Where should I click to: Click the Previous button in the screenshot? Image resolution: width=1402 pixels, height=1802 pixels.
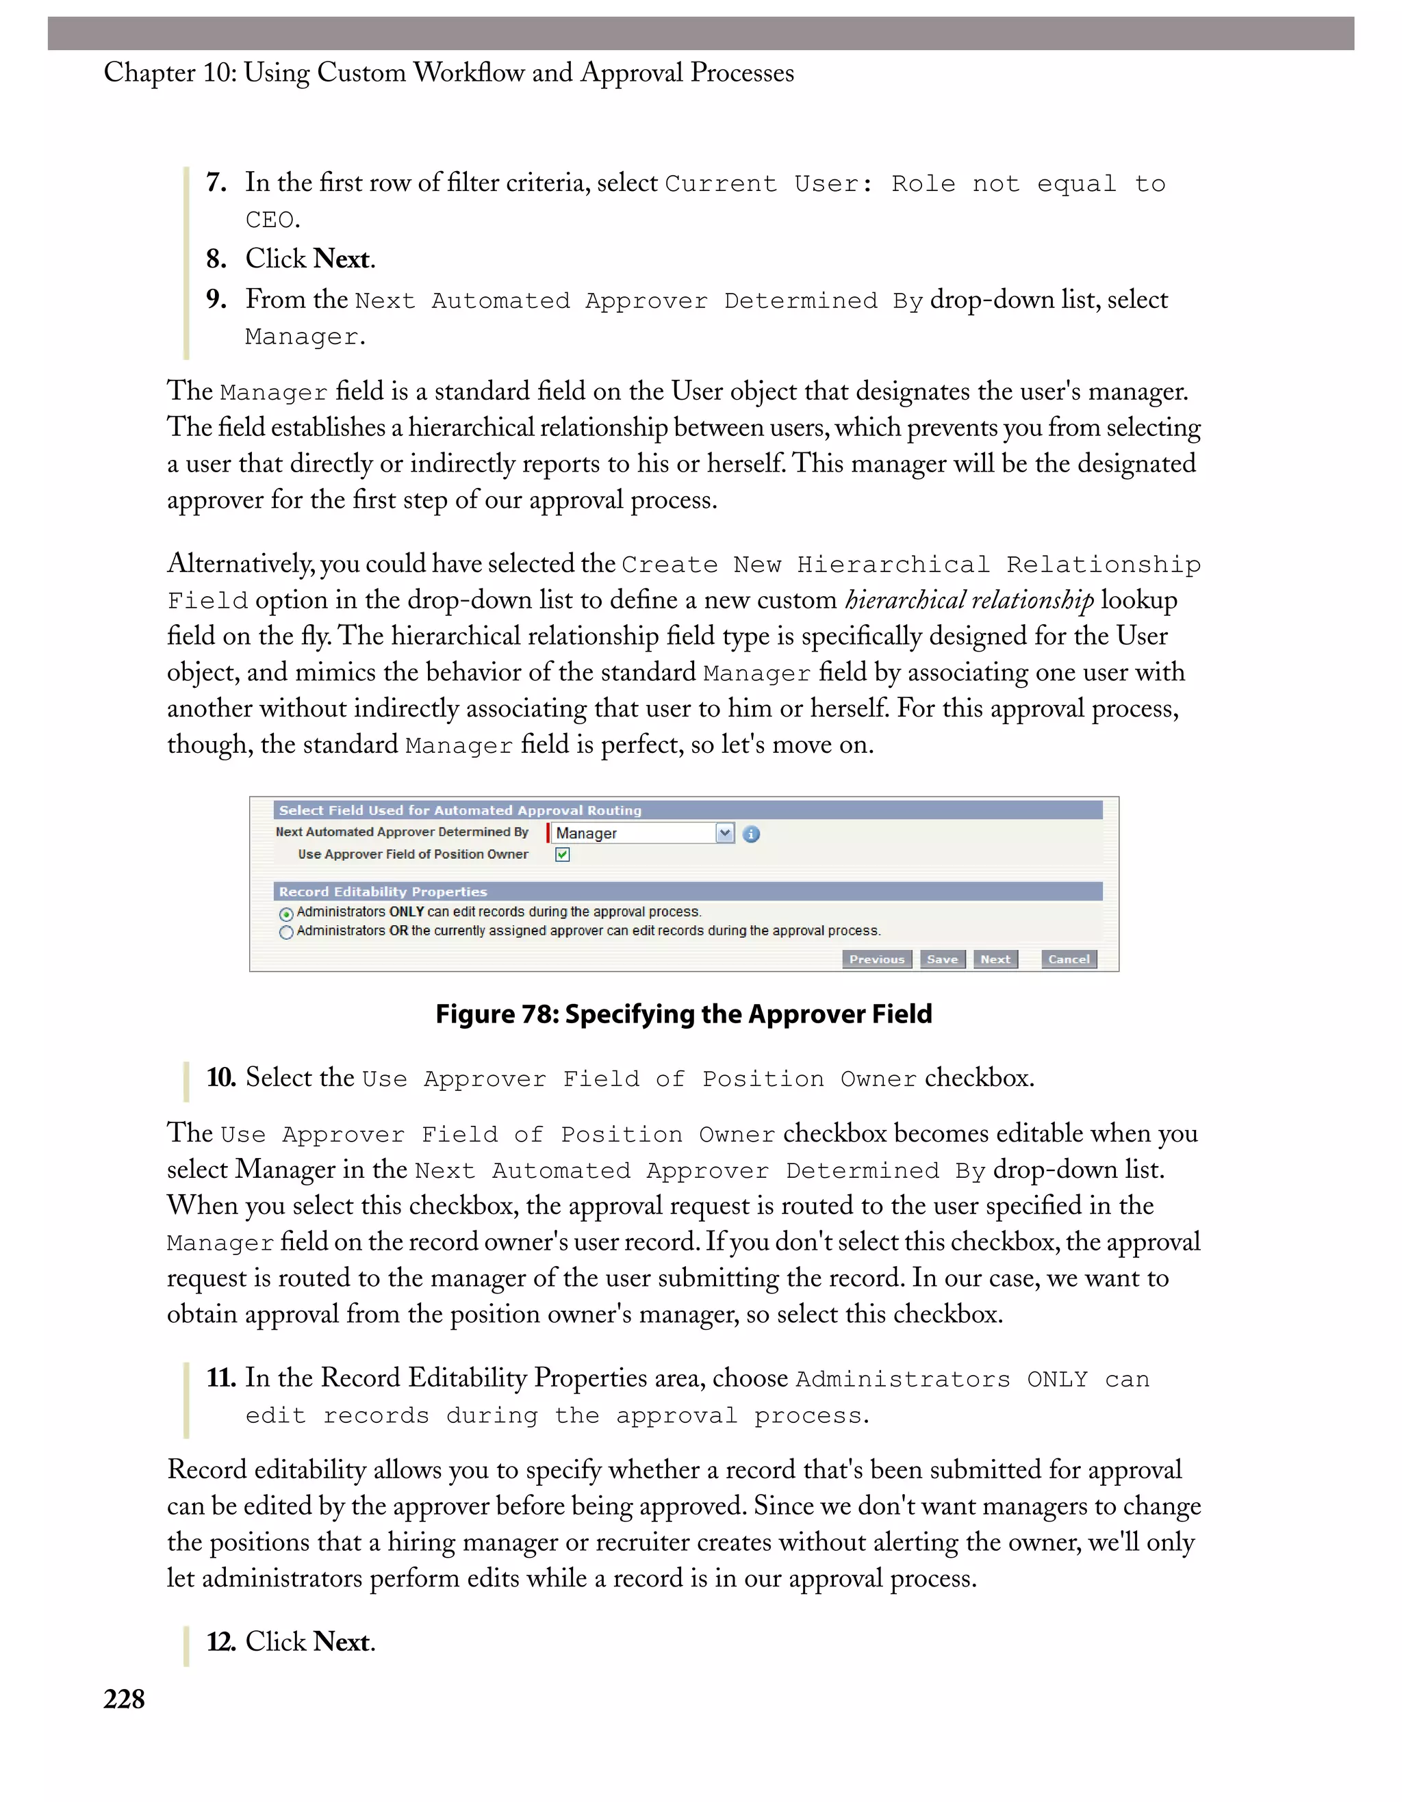[x=876, y=959]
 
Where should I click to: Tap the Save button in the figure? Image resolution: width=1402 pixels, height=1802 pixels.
[x=943, y=959]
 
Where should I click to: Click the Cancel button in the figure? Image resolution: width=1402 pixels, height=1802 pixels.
[x=1069, y=959]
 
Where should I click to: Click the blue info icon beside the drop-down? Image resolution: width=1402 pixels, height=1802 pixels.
[x=751, y=834]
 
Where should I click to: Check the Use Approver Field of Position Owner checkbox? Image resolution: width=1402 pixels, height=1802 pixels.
[x=563, y=855]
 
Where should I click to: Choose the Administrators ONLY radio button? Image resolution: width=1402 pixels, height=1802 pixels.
[x=286, y=914]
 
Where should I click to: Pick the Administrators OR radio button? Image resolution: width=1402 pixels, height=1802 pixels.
[x=286, y=932]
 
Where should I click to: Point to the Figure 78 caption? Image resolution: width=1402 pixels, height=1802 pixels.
[x=683, y=1014]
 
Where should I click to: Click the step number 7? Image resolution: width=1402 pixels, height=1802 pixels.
[x=216, y=182]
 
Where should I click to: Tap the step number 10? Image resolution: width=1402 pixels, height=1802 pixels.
[x=220, y=1077]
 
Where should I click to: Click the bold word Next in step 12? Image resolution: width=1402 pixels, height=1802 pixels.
[x=342, y=1642]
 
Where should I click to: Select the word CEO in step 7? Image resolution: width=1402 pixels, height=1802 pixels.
[x=270, y=220]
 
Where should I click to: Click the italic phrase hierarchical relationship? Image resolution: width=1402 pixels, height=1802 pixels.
[x=969, y=600]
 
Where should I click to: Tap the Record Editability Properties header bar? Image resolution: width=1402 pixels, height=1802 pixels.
[x=687, y=891]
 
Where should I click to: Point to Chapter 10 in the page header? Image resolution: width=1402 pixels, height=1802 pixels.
[x=169, y=73]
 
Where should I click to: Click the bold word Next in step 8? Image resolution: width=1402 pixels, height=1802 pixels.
[x=342, y=259]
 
